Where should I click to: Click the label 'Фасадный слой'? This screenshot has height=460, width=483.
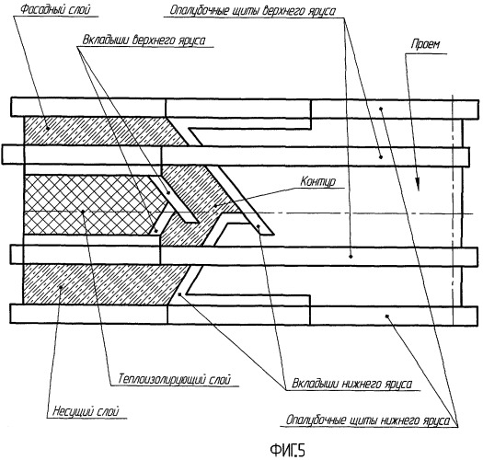56,9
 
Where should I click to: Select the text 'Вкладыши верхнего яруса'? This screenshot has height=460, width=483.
144,40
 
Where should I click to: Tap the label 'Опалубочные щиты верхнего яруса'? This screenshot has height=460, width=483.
253,11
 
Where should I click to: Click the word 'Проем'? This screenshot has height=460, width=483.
425,45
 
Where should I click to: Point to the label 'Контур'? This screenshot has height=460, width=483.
318,181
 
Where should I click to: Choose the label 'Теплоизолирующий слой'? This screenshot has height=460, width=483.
175,379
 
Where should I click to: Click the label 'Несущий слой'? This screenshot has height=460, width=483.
86,411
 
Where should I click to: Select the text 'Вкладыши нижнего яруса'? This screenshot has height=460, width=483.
351,384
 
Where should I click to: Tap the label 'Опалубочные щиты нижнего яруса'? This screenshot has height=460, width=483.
368,420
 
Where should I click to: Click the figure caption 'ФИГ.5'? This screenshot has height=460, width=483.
287,451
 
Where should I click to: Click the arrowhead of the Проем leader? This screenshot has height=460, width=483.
418,186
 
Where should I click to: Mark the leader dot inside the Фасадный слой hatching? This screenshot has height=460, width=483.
48,128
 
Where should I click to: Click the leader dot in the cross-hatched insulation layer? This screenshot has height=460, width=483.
83,212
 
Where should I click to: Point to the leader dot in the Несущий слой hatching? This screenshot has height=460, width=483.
61,287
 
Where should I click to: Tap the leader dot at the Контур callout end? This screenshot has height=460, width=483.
215,205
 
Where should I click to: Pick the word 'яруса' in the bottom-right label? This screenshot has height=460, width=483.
436,420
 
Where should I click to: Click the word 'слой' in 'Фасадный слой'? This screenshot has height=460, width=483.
80,9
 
